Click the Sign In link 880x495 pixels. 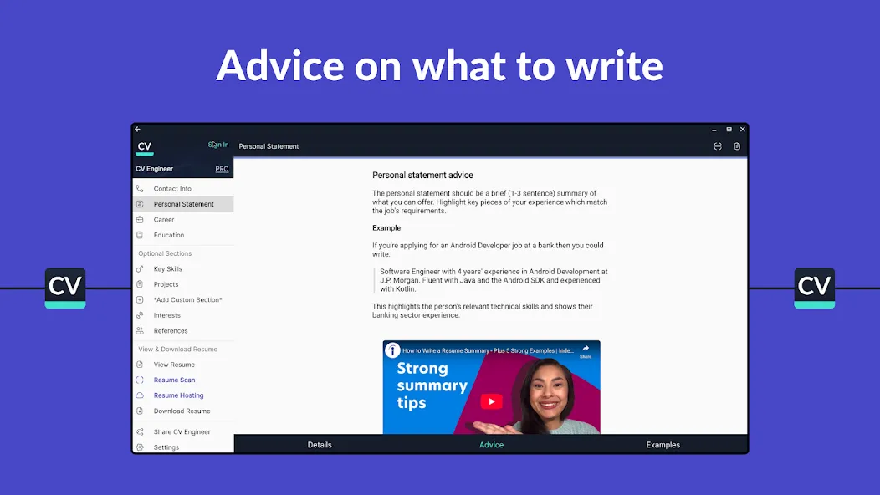tap(218, 145)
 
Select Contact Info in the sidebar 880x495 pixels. tap(172, 189)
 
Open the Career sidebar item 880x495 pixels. tap(164, 219)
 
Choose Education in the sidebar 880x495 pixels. tap(169, 235)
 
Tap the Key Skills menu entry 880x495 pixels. tap(168, 269)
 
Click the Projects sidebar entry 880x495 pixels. tap(166, 284)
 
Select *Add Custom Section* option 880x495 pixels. tap(188, 299)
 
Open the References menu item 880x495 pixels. tap(171, 331)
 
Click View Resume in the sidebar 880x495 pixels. tap(174, 365)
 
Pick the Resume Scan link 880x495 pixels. tap(175, 380)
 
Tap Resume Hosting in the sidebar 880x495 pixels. tap(178, 395)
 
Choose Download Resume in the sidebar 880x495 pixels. tap(182, 411)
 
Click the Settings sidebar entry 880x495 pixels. tap(166, 447)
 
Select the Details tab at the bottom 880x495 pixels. tap(320, 445)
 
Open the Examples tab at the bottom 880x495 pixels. tap(663, 445)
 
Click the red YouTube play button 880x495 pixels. tap(491, 401)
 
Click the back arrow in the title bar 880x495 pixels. tap(137, 129)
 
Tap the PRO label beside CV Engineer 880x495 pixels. tap(222, 169)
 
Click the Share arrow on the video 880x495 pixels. tap(586, 349)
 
